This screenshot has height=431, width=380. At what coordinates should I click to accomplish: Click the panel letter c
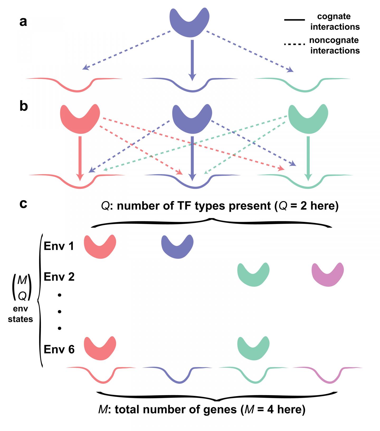[23, 204]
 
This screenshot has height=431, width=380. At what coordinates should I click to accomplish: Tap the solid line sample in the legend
[294, 20]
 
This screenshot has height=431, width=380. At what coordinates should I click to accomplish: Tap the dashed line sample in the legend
[294, 44]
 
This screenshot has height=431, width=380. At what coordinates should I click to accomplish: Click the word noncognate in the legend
[334, 40]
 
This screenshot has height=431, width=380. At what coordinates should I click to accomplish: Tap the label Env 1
[59, 246]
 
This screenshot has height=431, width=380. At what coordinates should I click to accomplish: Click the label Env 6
[59, 349]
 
